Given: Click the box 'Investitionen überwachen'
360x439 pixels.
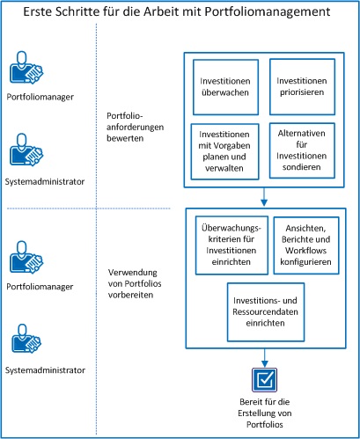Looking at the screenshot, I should (x=224, y=85).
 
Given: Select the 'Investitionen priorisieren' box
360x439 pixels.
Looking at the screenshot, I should (x=302, y=85).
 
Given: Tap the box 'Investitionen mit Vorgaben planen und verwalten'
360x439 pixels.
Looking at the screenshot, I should (x=224, y=150).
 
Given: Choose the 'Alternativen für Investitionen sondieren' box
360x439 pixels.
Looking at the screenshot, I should (x=302, y=150).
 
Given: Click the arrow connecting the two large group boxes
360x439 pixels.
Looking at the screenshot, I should (x=265, y=195).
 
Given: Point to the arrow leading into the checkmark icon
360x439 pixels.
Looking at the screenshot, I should (x=265, y=356).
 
